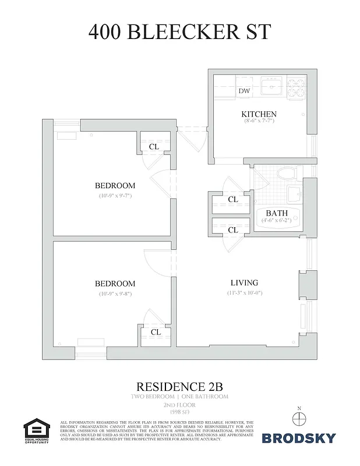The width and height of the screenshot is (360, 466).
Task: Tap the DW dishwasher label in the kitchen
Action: click(x=244, y=91)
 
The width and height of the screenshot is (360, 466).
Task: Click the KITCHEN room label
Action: click(x=259, y=114)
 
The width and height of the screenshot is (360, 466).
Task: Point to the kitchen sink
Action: click(x=271, y=88)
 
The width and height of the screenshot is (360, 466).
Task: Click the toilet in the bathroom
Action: click(x=287, y=174)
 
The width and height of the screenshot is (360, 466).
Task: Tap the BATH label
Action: click(x=277, y=213)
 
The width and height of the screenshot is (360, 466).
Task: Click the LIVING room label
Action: click(x=243, y=283)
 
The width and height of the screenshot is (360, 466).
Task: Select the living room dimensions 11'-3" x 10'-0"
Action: click(x=245, y=292)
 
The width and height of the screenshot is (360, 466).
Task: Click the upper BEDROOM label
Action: click(x=115, y=186)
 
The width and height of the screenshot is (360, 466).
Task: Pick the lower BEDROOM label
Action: click(x=115, y=284)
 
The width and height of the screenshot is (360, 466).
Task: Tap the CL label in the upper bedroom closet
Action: click(x=154, y=147)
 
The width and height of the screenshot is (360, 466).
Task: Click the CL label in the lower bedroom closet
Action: click(x=156, y=332)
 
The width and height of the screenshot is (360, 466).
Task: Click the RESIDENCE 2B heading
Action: click(x=179, y=386)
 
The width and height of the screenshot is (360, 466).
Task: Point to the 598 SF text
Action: click(x=179, y=412)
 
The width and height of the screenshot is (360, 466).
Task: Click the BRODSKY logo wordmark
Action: click(x=298, y=437)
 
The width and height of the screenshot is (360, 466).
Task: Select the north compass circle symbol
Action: click(x=298, y=418)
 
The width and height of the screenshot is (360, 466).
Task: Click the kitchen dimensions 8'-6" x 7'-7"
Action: click(x=259, y=121)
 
